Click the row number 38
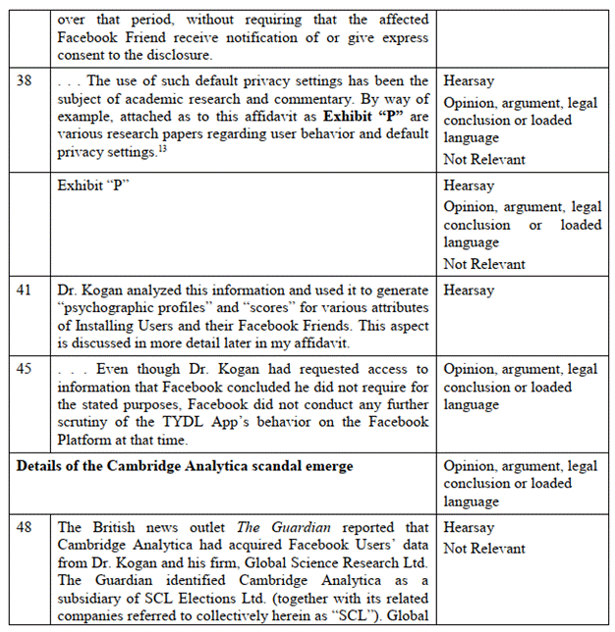pos(26,81)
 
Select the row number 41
pos(26,291)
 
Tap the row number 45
pos(26,370)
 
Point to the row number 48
pos(26,529)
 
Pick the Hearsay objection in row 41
pos(470,291)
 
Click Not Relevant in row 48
pos(483,549)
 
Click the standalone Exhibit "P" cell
pos(94,185)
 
